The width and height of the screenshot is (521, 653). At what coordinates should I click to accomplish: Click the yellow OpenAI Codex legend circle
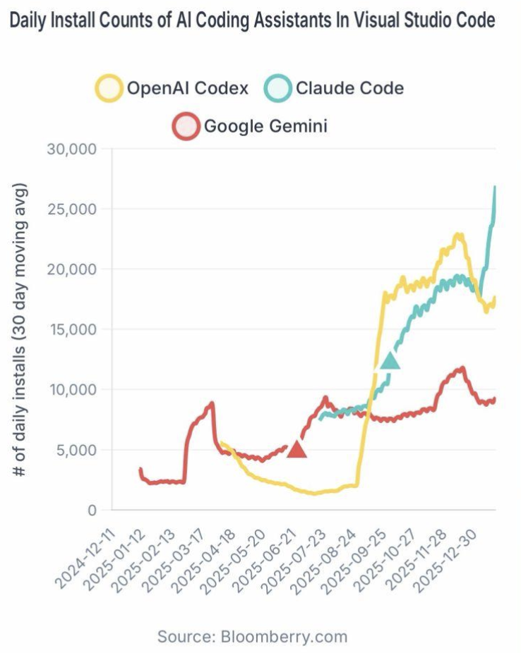coord(109,89)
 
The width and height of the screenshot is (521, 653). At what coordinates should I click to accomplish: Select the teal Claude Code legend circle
coord(277,89)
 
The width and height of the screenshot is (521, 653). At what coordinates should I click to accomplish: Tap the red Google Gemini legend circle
coord(186,127)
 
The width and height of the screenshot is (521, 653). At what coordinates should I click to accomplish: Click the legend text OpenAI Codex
coord(188,89)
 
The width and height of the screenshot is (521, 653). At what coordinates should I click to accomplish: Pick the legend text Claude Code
coord(349,89)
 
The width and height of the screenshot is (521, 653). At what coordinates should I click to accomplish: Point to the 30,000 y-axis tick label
coord(74,149)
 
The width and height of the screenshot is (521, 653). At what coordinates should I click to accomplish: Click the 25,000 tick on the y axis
coord(74,209)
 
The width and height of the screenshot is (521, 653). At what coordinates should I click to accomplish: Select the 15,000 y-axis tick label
coord(74,329)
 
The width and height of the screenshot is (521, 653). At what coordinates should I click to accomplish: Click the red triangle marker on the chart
coord(297,448)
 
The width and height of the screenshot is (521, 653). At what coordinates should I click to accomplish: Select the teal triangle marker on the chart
coord(390,360)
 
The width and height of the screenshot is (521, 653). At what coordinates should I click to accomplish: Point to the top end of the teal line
coord(495,187)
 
